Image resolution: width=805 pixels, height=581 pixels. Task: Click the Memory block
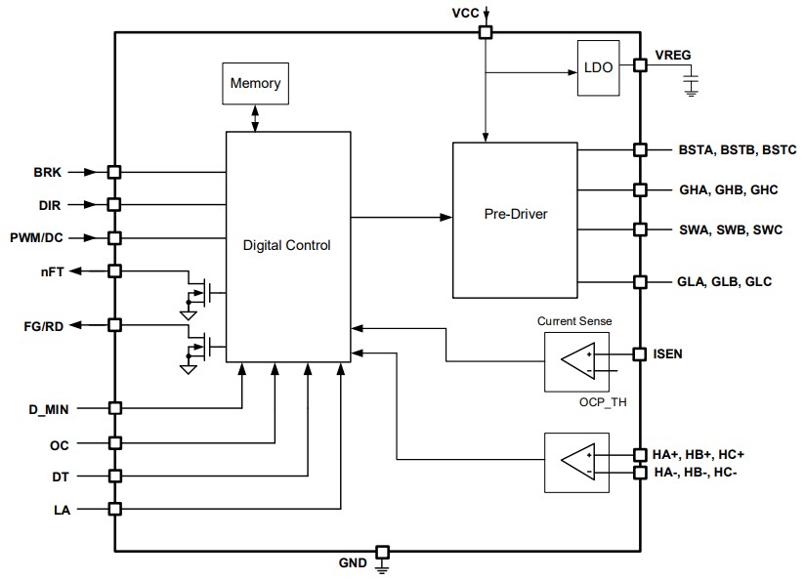255,83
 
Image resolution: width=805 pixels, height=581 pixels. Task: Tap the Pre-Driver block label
515,214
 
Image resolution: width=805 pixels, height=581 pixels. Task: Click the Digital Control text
286,245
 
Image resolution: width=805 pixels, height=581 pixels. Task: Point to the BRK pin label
48,172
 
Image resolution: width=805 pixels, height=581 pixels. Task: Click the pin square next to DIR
114,204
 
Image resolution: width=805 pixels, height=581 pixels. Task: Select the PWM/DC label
38,237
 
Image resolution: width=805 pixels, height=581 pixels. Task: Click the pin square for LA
114,509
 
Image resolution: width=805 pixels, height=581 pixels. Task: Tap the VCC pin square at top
485,32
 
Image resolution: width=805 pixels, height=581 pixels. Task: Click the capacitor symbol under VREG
692,88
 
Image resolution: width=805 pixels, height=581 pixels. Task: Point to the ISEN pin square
640,353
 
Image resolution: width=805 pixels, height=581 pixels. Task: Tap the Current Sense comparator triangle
577,361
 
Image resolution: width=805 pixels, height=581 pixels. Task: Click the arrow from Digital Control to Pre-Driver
401,216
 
